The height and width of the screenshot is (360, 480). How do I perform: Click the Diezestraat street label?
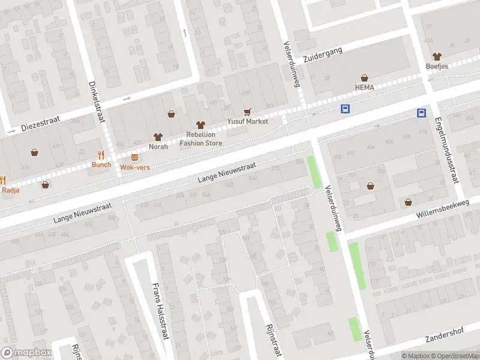41,124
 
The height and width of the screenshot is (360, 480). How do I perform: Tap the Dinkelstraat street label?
97,101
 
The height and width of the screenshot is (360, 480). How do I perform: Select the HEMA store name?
364,88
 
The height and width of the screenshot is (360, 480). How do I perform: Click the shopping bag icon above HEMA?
364,78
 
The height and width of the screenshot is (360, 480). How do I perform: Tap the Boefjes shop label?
437,66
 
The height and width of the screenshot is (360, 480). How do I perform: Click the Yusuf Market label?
247,121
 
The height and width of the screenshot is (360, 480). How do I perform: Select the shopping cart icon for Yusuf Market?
247,112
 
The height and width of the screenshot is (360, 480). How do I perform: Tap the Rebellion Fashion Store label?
200,139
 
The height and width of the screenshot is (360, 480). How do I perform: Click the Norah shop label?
158,146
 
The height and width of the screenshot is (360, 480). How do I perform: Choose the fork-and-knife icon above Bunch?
101,155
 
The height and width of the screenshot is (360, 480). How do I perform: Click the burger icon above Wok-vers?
134,157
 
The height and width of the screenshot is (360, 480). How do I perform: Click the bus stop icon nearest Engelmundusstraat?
422,113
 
